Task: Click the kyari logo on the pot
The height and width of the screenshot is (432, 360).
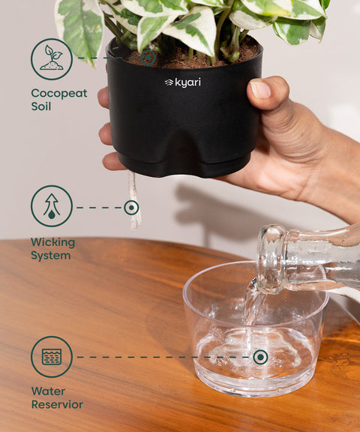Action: (x=182, y=82)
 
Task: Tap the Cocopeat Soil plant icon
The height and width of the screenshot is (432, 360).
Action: (x=52, y=59)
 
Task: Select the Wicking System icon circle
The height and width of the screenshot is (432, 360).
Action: (x=52, y=206)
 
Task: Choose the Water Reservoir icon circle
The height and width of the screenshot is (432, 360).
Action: (x=52, y=357)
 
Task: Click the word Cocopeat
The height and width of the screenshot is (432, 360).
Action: (x=58, y=94)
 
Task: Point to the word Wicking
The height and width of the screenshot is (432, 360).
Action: (x=52, y=242)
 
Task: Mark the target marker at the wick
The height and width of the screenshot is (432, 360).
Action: (x=131, y=207)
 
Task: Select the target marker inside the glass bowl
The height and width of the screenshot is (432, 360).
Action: (x=259, y=357)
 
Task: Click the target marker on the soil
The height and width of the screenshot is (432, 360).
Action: (x=149, y=58)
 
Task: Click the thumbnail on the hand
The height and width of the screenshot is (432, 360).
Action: (x=259, y=89)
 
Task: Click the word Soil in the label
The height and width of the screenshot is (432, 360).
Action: (x=40, y=107)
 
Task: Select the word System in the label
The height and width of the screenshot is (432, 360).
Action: (x=50, y=256)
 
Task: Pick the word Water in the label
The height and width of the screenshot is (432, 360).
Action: (x=48, y=391)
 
